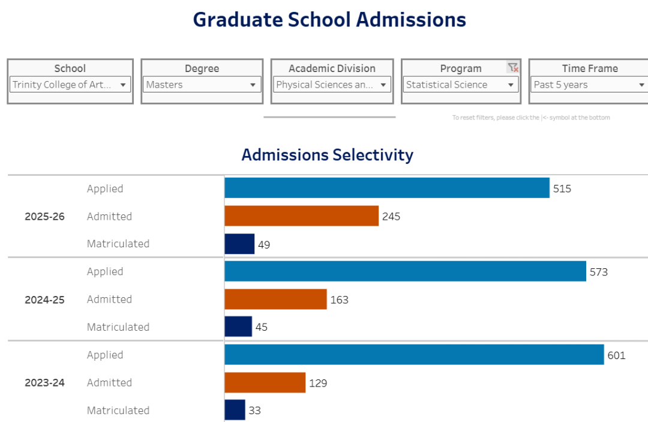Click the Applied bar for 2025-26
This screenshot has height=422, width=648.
coord(387,188)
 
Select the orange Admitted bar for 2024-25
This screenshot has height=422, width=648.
coord(275,299)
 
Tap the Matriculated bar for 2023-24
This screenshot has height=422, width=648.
coord(235,410)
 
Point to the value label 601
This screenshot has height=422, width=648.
coord(616,355)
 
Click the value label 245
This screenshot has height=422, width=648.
coord(391,216)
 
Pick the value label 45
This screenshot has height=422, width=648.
coord(261,327)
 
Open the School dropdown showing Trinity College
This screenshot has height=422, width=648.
coord(70,85)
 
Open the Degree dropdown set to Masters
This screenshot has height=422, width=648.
coord(202,85)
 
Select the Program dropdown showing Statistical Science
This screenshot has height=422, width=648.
coord(460,85)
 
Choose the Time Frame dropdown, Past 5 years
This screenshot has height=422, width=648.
coord(589,85)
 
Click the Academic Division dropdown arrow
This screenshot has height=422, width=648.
coord(383,85)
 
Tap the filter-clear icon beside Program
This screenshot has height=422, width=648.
coord(512,68)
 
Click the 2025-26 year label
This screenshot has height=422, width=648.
coord(44,217)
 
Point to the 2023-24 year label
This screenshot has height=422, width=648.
coord(44,382)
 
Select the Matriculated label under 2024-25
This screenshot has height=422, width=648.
coord(118,327)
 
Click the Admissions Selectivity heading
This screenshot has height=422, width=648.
coord(327,155)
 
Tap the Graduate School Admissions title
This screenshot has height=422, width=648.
coord(329,20)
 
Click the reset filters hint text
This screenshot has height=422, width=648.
coord(531,118)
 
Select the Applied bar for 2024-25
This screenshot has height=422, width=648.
coord(405,271)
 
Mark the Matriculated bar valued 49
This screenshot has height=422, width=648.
coord(239,244)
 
